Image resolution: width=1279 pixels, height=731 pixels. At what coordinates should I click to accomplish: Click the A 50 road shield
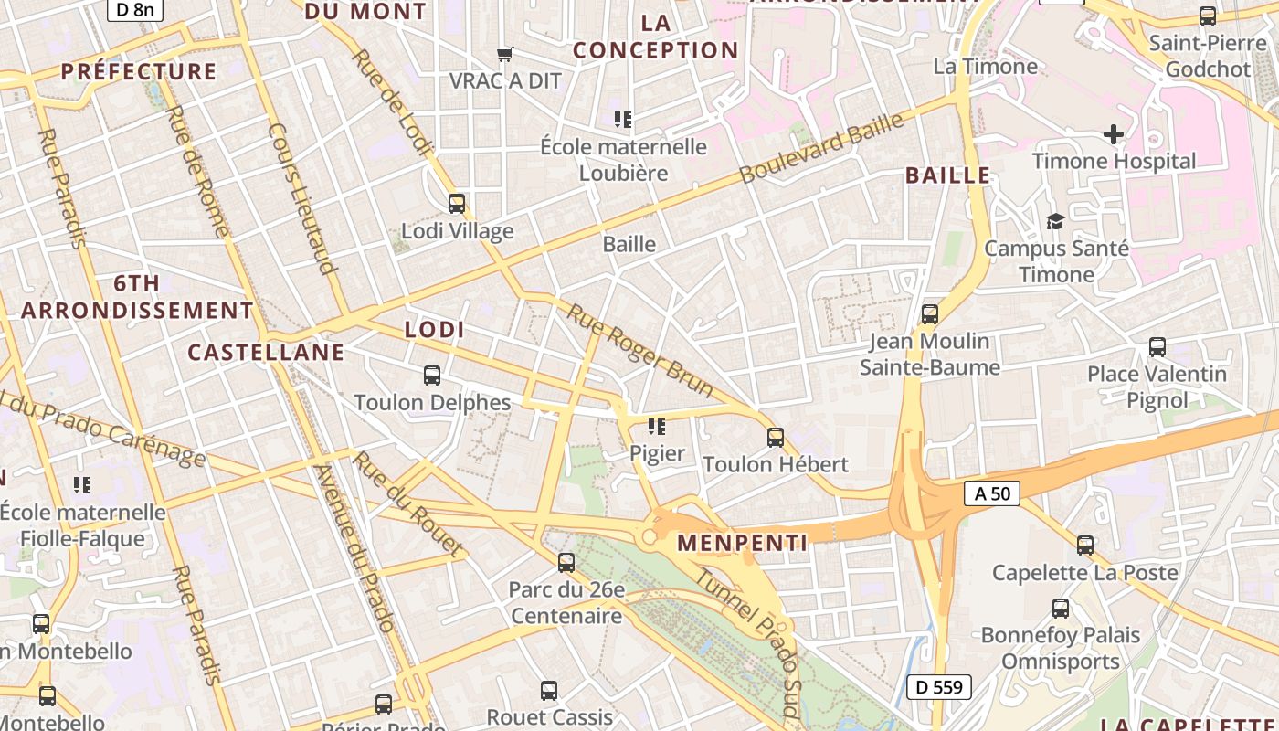991,493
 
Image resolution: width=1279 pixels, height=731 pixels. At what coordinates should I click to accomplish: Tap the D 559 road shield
938,687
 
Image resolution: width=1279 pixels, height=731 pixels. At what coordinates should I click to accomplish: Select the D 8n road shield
134,10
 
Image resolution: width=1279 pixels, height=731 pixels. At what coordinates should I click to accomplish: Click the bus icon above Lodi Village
457,204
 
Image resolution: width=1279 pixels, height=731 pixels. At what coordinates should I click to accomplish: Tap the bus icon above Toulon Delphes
432,376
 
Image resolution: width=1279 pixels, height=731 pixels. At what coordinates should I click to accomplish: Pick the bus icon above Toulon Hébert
776,438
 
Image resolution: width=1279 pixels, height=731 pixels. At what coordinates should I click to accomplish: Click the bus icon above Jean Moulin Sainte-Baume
930,314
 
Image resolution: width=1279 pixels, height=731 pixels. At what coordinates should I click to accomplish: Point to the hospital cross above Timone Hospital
1114,135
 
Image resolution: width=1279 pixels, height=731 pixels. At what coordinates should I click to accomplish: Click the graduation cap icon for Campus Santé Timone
1055,221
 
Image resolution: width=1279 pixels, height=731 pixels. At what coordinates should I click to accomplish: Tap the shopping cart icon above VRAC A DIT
504,55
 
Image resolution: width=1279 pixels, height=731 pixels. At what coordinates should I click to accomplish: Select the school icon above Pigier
656,427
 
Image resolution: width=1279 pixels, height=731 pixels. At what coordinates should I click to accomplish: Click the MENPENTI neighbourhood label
742,544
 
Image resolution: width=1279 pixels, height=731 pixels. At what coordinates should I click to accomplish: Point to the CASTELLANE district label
266,353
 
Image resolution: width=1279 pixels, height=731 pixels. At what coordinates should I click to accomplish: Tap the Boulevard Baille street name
821,148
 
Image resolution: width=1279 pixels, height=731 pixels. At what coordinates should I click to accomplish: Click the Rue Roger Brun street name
640,351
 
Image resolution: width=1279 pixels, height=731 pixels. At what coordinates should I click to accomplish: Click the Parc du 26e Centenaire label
566,603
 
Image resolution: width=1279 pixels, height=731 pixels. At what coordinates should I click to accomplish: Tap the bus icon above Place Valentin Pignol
1157,347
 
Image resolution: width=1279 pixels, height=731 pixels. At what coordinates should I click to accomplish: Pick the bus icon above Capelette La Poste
1085,546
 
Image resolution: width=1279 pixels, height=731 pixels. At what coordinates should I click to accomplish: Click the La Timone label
985,67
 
